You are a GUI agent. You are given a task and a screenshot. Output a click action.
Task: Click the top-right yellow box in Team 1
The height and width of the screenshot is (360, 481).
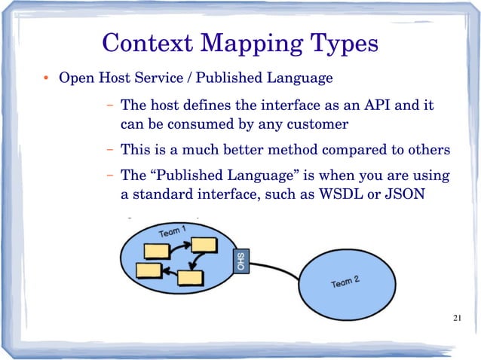204,245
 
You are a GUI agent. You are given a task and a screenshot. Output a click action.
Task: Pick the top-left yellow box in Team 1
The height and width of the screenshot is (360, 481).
158,250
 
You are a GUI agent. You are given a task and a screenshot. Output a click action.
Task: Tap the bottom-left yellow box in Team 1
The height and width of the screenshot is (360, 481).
149,270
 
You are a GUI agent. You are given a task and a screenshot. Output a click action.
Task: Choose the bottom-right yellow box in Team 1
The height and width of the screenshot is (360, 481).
190,276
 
